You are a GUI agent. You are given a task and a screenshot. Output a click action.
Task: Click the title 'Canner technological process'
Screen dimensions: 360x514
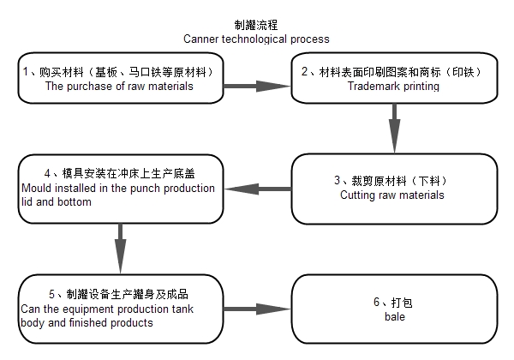[x=256, y=39]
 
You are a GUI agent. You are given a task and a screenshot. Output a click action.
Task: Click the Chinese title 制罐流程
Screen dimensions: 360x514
[x=256, y=26]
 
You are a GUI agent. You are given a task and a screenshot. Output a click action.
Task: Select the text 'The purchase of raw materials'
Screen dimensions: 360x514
[x=119, y=86]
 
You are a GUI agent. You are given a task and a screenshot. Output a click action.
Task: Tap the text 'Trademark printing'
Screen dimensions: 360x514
[x=393, y=86]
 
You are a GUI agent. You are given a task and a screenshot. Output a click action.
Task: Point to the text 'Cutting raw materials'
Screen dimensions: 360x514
[x=393, y=195]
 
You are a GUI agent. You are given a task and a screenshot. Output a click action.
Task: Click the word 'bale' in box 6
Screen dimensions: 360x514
[x=393, y=317]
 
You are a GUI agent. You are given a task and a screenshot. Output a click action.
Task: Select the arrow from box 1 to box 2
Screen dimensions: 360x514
[x=260, y=86]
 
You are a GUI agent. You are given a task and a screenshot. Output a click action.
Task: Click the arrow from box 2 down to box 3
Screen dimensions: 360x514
[x=394, y=127]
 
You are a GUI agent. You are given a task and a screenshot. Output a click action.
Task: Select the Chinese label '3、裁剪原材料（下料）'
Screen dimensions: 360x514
[x=393, y=181]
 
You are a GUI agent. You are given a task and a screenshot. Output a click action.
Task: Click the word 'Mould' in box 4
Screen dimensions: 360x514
[x=35, y=187]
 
